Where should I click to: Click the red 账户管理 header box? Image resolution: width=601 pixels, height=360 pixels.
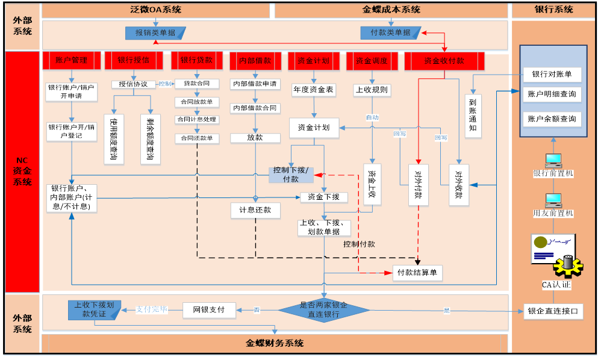pyautogui.click(x=71, y=60)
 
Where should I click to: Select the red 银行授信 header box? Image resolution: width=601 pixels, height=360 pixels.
pyautogui.click(x=134, y=60)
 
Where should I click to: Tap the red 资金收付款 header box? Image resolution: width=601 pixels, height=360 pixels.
pyautogui.click(x=444, y=61)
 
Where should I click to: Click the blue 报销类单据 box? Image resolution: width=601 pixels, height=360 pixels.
pyautogui.click(x=155, y=33)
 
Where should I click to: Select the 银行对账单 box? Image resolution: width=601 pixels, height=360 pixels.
pyautogui.click(x=552, y=75)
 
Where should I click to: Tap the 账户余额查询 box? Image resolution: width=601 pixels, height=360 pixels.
pyautogui.click(x=552, y=118)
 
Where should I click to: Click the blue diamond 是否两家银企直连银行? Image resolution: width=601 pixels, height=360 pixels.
pyautogui.click(x=323, y=310)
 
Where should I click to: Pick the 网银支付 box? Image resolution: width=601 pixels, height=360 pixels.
pyautogui.click(x=208, y=310)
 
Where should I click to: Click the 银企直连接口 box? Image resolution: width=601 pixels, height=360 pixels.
pyautogui.click(x=552, y=311)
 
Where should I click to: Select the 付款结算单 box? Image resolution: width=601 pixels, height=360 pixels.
pyautogui.click(x=418, y=273)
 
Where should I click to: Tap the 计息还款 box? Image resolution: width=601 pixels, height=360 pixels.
pyautogui.click(x=255, y=210)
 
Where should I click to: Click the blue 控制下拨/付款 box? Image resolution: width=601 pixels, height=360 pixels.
pyautogui.click(x=291, y=175)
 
